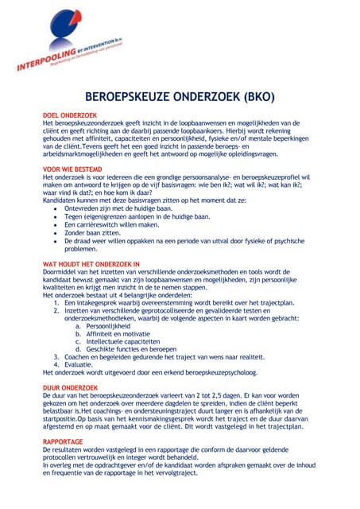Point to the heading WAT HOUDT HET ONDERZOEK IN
pyautogui.click(x=91, y=263)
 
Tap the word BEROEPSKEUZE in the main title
pyautogui.click(x=127, y=97)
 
